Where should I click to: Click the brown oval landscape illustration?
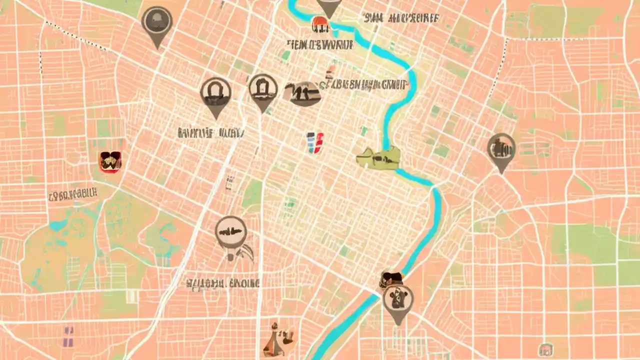point(302,94)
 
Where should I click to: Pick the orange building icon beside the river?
point(319,23)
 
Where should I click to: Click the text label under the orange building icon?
point(320,44)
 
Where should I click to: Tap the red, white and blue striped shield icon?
point(315,142)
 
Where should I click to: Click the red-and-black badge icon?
point(110,162)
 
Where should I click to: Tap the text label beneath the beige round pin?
point(223,284)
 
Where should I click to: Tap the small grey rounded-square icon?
point(545,349)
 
